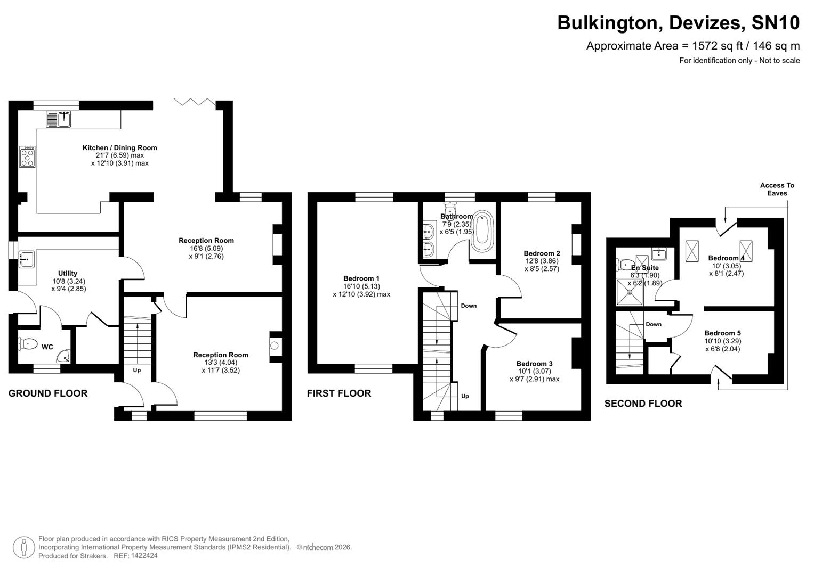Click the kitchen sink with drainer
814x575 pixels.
point(59,119)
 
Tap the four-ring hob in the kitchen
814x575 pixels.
point(27,157)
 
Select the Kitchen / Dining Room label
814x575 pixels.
point(119,148)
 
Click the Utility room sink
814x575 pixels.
point(26,259)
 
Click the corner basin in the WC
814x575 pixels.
point(63,356)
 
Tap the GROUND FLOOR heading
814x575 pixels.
point(48,393)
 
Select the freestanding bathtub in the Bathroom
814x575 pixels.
point(483,232)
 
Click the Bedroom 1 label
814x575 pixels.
point(361,278)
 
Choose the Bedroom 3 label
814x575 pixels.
point(534,364)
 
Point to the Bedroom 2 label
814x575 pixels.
point(542,253)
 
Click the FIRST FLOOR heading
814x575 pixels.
point(339,393)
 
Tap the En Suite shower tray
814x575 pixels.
point(630,292)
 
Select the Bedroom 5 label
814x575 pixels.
point(722,333)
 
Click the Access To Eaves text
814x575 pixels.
point(777,189)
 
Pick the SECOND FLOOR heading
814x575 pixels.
point(643,404)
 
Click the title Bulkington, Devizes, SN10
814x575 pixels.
point(678,23)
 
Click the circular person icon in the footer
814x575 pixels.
point(23,547)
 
